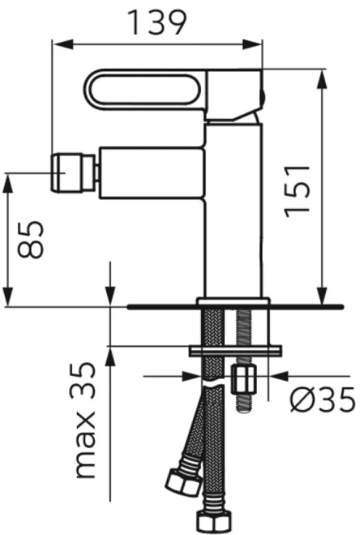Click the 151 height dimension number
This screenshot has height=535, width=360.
tap(297, 191)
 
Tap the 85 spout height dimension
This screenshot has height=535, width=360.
tap(31, 239)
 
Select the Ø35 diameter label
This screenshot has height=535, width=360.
tap(322, 399)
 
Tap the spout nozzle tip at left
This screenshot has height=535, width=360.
tap(73, 173)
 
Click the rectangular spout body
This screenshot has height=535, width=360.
tap(152, 173)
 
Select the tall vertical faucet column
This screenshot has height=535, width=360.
tap(233, 211)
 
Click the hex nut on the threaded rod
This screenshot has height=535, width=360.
tap(244, 379)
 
